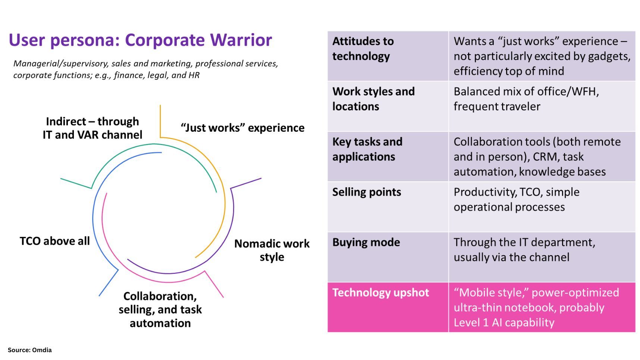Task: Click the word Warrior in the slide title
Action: click(241, 40)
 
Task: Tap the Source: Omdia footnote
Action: click(30, 350)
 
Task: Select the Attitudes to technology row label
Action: click(363, 48)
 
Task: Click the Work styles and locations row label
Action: click(373, 99)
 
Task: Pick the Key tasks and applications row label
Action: click(367, 149)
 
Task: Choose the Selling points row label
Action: click(367, 192)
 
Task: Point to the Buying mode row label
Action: click(366, 242)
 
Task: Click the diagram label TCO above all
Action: click(55, 241)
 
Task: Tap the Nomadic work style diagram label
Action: click(272, 250)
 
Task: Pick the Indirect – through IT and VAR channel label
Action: click(92, 128)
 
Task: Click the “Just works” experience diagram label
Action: click(243, 128)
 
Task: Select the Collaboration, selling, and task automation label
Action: click(160, 309)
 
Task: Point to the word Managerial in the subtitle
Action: click(36, 64)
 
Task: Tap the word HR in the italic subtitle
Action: click(194, 75)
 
